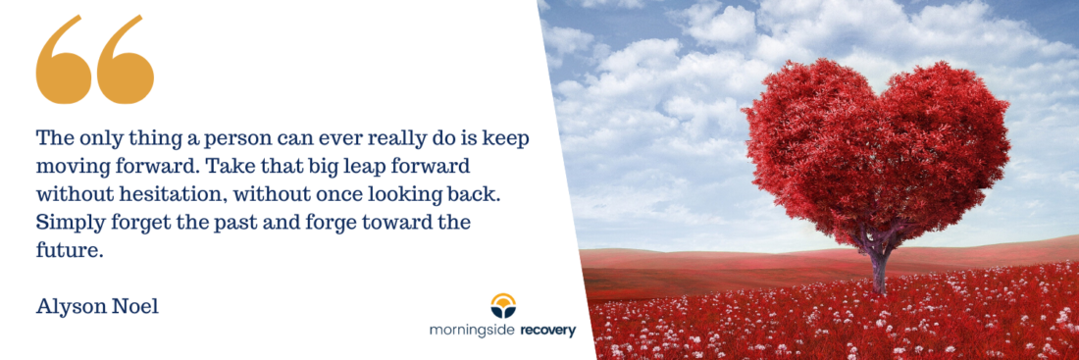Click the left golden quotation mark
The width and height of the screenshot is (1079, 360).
click(64, 62)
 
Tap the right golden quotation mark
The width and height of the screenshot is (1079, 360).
click(126, 62)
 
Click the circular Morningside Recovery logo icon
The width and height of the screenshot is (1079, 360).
click(503, 305)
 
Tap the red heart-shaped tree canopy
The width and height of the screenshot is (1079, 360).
click(876, 148)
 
